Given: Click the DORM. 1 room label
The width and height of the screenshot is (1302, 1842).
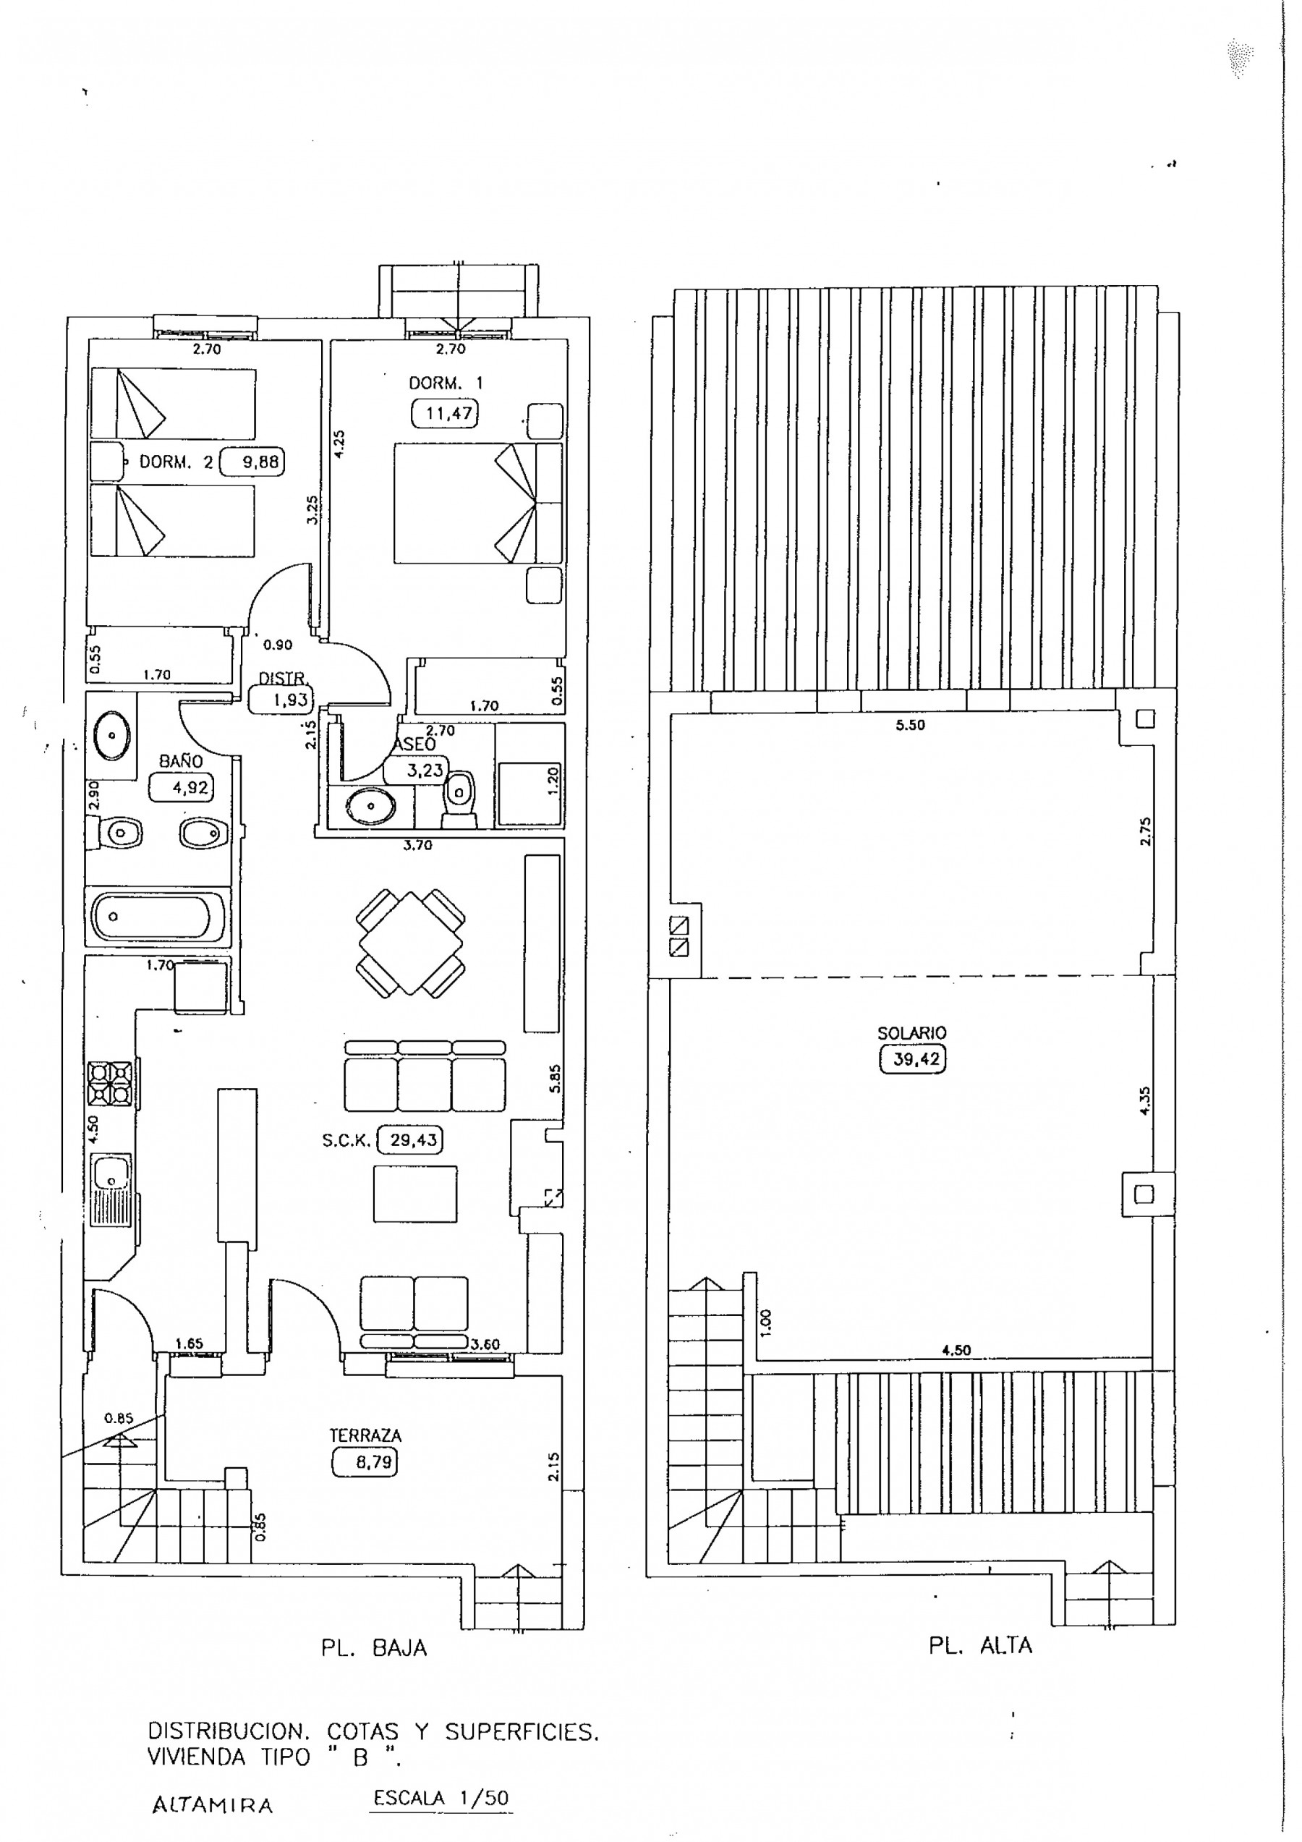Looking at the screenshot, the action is [446, 383].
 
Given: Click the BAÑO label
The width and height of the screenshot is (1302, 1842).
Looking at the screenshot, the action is [181, 760].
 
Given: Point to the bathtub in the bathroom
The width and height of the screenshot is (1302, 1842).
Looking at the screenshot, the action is [158, 917].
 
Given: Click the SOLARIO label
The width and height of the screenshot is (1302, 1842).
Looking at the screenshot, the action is [911, 1032].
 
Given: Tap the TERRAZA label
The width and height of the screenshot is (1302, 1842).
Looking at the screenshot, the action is [365, 1435].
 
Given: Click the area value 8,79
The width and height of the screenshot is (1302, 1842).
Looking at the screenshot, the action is [365, 1461].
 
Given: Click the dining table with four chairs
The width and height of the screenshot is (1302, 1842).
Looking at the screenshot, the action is [410, 943].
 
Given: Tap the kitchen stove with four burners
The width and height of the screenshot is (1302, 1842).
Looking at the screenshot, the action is [110, 1084].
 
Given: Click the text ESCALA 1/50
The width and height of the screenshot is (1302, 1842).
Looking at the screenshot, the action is [441, 1798].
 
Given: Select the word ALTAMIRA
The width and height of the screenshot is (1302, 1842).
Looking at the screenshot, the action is [213, 1806].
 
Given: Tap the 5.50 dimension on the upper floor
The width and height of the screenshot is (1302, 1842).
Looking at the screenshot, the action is [911, 724].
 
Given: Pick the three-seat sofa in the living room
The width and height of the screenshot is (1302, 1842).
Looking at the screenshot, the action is [425, 1075].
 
